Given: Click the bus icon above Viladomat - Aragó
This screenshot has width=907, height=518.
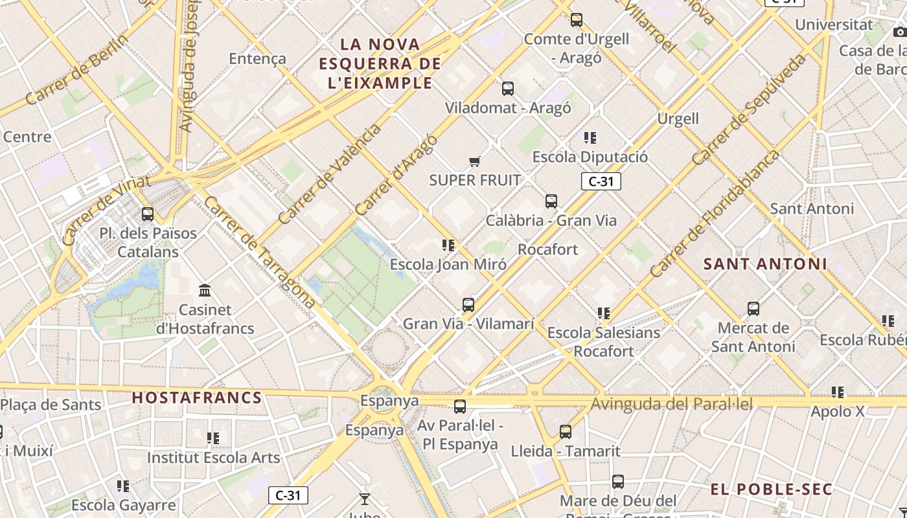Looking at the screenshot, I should coord(508,88).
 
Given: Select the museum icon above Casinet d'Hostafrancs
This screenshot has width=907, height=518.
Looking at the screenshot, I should coord(205,290).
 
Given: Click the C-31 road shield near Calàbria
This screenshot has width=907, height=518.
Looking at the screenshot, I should coord(601,181).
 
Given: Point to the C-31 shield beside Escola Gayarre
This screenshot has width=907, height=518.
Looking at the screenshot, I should coord(288,495).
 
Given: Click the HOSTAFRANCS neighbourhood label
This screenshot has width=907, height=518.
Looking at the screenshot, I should coord(197,398).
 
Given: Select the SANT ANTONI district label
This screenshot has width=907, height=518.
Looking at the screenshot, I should coord(765,264).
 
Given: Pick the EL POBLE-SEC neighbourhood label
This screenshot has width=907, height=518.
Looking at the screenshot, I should coord(771,490).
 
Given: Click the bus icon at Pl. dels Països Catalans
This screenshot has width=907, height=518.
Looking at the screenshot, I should coord(148,214).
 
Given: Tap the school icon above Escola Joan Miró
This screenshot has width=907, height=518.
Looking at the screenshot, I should coord(448,245).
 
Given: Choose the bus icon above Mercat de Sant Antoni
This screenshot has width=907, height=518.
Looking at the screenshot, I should coord(753,308).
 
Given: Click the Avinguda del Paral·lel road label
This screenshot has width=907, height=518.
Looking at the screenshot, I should coord(672,405).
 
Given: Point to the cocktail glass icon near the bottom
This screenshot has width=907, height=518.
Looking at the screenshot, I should coord(365,499).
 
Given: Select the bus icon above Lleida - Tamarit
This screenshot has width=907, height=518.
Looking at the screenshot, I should coord(566,431).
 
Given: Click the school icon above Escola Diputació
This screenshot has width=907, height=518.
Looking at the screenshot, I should coord(590,137).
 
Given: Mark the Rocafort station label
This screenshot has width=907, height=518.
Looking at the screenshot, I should coord(548,249).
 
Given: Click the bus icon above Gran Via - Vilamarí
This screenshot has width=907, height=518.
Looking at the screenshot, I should coord(468,304).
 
